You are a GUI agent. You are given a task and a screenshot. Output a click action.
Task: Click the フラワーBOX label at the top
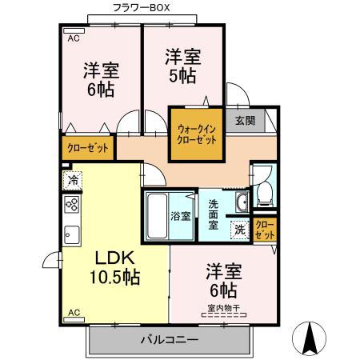(141, 8)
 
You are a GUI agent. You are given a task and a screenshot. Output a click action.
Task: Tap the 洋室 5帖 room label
(182, 66)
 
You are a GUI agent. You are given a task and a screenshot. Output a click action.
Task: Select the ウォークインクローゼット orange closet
(195, 134)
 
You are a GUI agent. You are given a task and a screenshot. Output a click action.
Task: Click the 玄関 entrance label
(245, 121)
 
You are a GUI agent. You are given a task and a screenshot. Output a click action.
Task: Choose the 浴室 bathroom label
(181, 216)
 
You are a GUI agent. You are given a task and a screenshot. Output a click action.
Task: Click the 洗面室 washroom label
(214, 214)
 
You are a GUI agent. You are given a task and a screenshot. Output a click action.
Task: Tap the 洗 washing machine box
(238, 229)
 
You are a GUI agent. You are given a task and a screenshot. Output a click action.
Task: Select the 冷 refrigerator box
(72, 180)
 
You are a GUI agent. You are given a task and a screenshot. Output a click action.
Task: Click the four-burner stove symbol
(71, 205)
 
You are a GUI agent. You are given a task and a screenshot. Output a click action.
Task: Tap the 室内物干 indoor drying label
(223, 307)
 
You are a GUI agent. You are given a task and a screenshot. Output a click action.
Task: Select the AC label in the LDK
(74, 312)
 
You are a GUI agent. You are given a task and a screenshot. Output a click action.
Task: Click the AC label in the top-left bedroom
(73, 37)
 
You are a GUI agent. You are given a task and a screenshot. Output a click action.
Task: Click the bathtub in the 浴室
(157, 216)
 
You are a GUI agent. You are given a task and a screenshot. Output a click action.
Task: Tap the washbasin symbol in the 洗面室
(242, 199)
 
